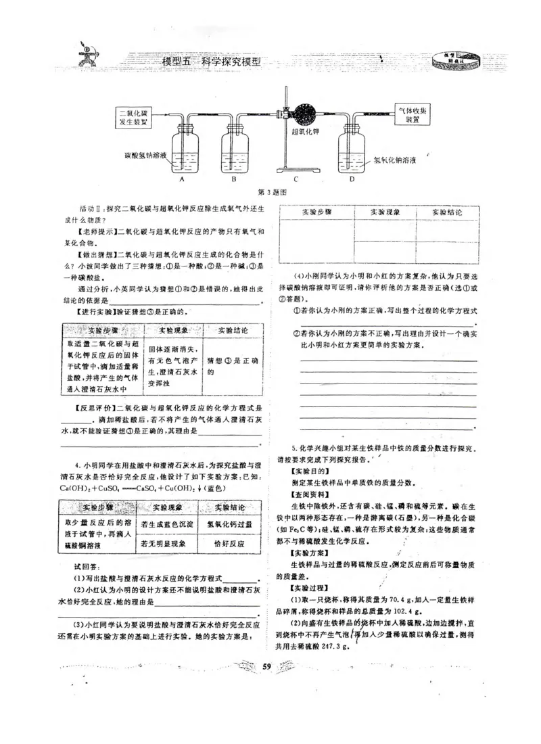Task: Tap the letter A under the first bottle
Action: pyautogui.click(x=182, y=179)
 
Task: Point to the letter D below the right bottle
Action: pyautogui.click(x=352, y=179)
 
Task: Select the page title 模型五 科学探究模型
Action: pyautogui.click(x=212, y=61)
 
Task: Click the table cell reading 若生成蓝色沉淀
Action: pyautogui.click(x=167, y=524)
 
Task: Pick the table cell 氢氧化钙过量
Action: pyautogui.click(x=228, y=524)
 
